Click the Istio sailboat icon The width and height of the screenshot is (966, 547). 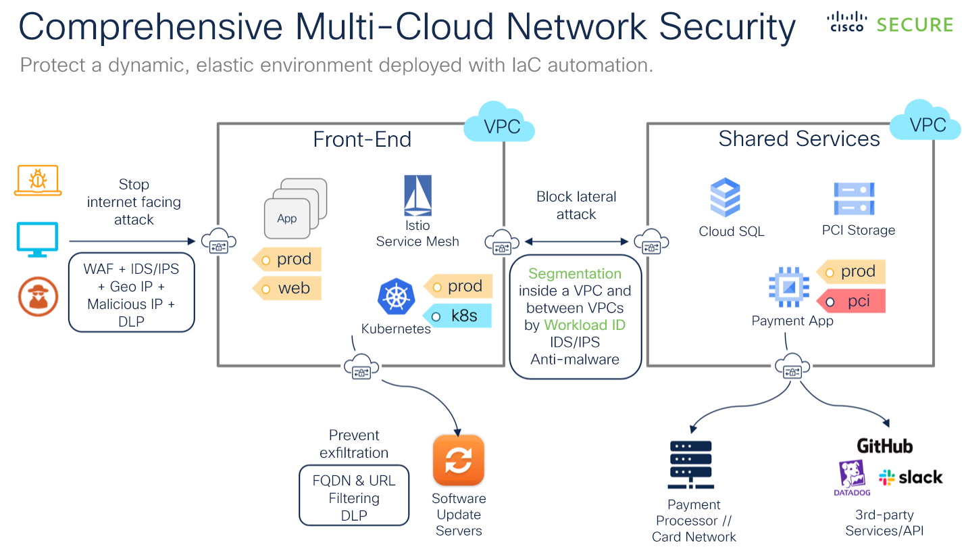(x=417, y=196)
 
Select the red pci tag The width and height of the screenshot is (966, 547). (x=850, y=301)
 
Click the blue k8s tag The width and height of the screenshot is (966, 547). (x=457, y=316)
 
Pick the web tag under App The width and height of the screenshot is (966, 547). (x=287, y=288)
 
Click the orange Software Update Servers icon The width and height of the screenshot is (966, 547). (x=459, y=460)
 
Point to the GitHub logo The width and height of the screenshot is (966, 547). (x=884, y=446)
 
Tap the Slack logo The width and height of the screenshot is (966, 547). (x=910, y=477)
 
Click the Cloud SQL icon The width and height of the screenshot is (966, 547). (x=726, y=197)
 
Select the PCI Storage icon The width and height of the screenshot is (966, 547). (x=854, y=199)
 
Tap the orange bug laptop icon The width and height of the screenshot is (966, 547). (x=37, y=181)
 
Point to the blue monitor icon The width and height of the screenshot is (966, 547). (x=37, y=239)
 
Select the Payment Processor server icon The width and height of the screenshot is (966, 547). (x=690, y=465)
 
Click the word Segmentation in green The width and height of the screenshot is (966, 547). (x=575, y=274)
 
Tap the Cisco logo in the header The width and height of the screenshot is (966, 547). (x=846, y=22)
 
